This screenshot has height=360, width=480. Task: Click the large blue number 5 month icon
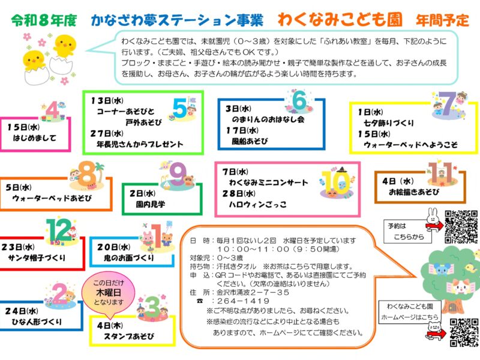(x=179, y=108)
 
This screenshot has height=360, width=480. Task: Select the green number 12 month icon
(x=58, y=230)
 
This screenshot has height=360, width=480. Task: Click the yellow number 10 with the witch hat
(x=336, y=184)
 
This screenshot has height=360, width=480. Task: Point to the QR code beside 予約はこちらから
(x=461, y=227)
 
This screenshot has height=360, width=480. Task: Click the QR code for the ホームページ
(x=464, y=333)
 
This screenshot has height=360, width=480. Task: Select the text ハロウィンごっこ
(x=258, y=204)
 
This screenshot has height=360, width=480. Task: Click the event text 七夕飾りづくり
(x=389, y=123)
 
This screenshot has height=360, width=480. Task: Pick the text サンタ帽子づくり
(x=37, y=258)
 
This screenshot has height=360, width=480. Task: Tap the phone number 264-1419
(x=244, y=301)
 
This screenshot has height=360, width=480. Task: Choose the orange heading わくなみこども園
(x=340, y=20)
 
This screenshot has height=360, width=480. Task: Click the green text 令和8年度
(x=44, y=20)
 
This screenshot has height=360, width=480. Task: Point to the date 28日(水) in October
(x=239, y=193)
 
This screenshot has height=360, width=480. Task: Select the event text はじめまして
(x=35, y=138)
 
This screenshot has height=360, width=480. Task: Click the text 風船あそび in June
(x=250, y=141)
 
